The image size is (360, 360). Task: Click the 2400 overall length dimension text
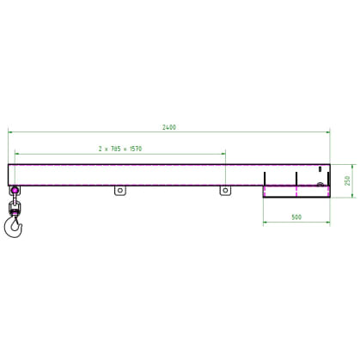point(169,127)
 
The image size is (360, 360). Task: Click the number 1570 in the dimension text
point(136,149)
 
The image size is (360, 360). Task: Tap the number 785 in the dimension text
point(116,149)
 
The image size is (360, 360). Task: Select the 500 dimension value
point(296,217)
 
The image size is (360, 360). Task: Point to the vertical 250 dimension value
point(347,180)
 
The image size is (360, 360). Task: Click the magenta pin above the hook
point(15,190)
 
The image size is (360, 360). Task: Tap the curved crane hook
point(13,227)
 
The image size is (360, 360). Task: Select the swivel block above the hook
point(14,208)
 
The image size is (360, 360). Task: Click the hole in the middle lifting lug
point(120,190)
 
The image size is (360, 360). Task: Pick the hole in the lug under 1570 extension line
point(225,190)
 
